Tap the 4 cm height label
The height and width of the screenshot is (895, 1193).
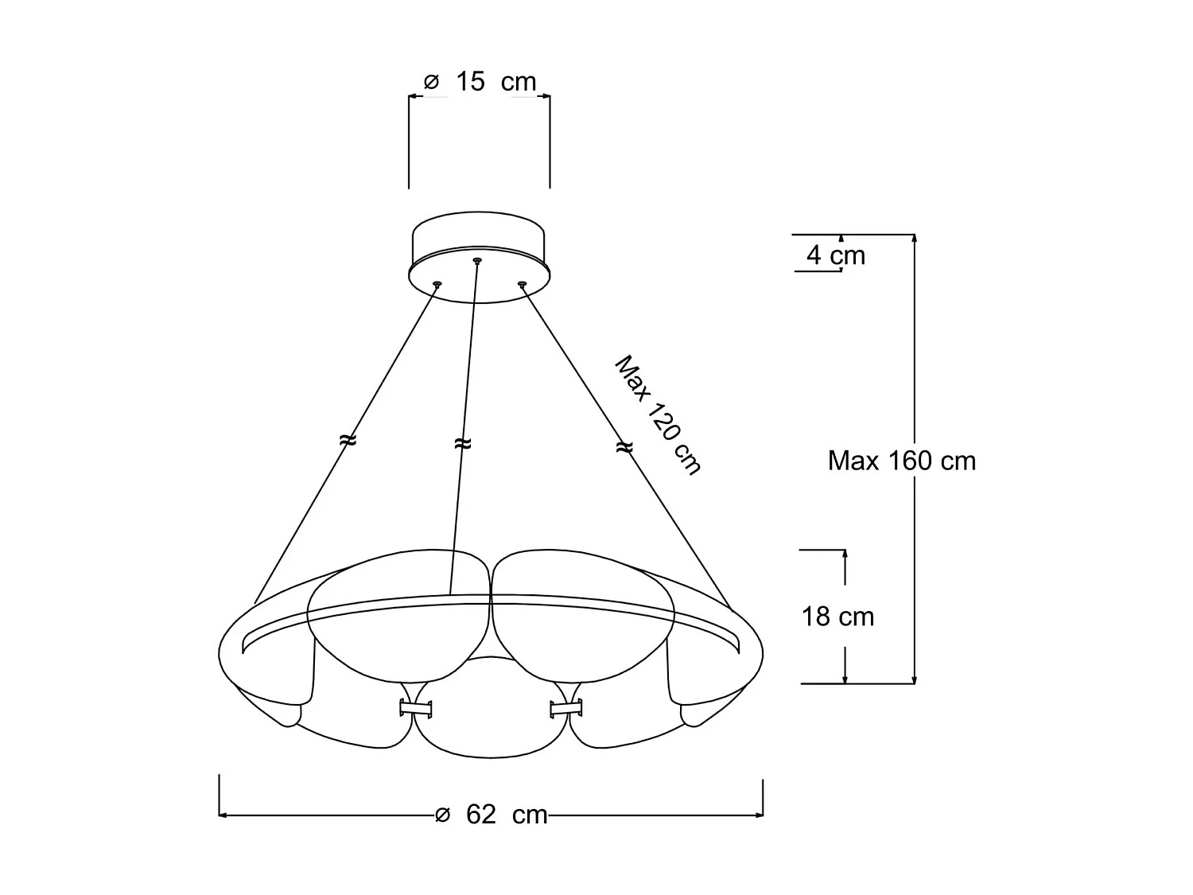835,255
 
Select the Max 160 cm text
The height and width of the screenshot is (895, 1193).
901,461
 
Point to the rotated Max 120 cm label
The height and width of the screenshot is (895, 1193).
658,415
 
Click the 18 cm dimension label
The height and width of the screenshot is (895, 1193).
837,617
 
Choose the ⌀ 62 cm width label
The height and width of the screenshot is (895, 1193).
492,815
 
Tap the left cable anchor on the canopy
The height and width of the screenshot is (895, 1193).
437,283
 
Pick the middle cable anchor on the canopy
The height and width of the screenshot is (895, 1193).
477,260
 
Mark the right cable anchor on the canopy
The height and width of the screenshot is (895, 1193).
522,283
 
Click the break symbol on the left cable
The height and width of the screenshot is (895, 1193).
348,439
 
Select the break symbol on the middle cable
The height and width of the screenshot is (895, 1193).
462,443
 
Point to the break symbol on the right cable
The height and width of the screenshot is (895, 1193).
624,448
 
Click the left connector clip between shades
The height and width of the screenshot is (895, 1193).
415,707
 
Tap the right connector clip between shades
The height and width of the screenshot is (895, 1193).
565,707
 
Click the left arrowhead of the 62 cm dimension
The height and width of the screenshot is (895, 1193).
223,815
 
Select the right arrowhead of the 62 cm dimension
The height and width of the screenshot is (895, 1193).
759,815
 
